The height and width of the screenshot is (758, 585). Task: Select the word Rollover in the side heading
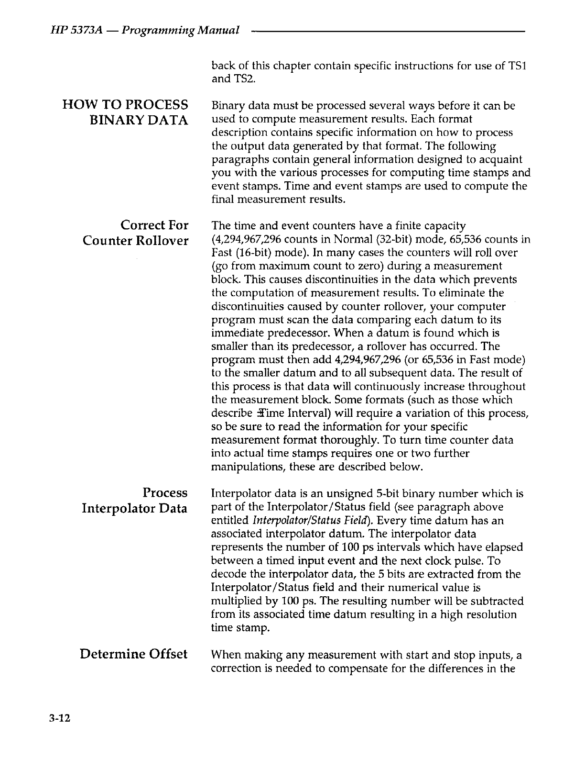point(161,240)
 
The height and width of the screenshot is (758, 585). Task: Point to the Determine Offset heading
point(133,654)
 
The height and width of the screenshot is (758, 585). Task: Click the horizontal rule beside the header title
point(387,31)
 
